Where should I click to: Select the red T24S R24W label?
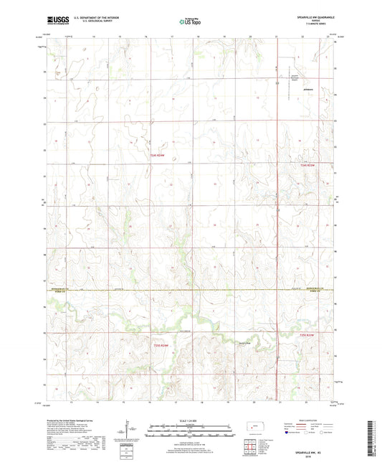point(158,155)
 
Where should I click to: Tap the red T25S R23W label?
point(307,334)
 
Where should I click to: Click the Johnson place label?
point(288,91)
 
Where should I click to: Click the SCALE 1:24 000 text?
point(190,420)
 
